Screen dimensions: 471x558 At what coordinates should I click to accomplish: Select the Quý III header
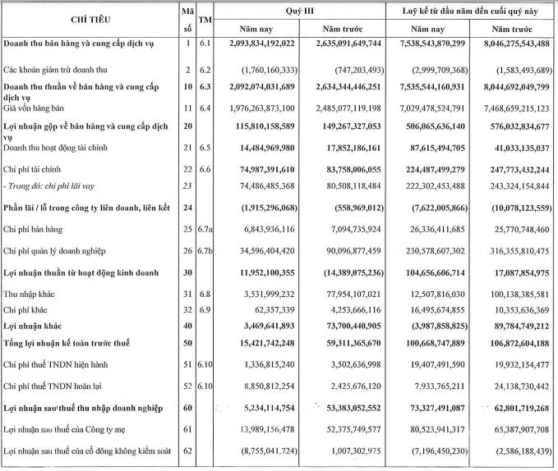coord(299,9)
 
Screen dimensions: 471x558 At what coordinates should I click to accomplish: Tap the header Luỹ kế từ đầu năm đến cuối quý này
coord(471,9)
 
